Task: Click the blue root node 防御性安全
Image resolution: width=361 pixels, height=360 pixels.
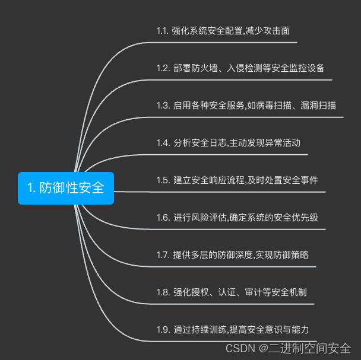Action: click(65, 188)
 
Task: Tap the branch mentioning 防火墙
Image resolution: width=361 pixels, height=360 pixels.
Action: click(240, 68)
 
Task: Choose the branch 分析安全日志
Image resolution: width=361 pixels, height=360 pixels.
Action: click(228, 142)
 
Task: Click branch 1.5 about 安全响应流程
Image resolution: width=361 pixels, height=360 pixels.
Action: click(237, 180)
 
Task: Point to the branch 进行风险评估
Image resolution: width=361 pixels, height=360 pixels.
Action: click(237, 217)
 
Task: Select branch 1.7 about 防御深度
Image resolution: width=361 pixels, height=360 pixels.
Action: click(232, 254)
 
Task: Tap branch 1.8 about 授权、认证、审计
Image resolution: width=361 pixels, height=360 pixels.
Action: click(232, 292)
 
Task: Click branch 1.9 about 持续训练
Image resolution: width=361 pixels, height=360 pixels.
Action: click(233, 329)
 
